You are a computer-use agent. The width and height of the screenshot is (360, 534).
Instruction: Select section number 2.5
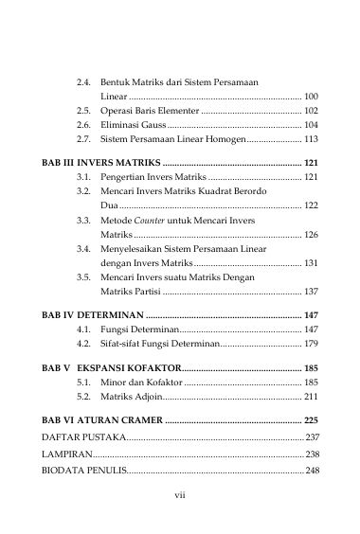(84, 111)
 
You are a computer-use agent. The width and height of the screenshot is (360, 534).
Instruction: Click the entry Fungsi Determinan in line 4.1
(137, 328)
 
